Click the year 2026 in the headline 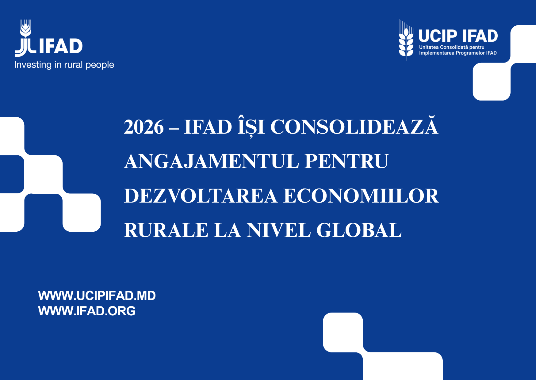coord(144,127)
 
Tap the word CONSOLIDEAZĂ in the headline coord(354,125)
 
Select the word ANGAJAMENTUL coord(212,161)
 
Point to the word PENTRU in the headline coord(347,161)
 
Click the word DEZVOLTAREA coord(201,196)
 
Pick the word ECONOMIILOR coord(361,196)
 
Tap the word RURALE coord(166,230)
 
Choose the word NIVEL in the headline coord(279,230)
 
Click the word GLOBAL coord(359,230)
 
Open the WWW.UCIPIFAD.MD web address coord(97,296)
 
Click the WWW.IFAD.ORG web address coord(87,311)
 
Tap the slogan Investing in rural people coord(64,65)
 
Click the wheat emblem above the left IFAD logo coord(25,28)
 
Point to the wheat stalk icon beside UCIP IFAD coord(406,40)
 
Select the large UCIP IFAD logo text coord(458,36)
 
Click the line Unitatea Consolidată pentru coord(452,47)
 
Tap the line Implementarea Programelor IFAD coord(458,53)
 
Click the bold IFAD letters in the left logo coord(61,46)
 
